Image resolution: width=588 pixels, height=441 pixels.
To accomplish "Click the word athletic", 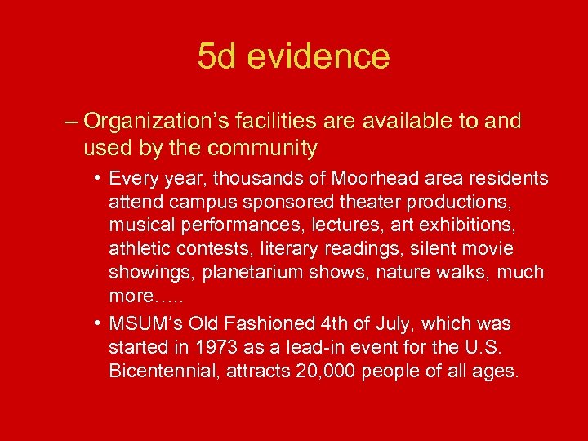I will click(x=136, y=247).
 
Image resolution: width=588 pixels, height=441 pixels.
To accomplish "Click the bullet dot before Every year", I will click(x=97, y=178).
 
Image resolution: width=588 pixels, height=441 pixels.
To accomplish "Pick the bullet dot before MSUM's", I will click(x=97, y=325).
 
